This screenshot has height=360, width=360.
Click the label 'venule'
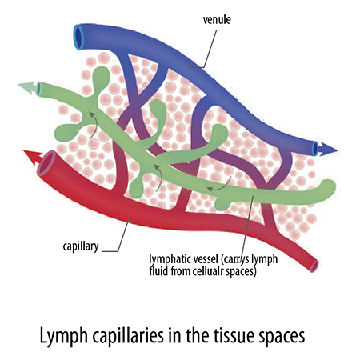(x=217, y=20)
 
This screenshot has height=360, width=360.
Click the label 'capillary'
(x=81, y=246)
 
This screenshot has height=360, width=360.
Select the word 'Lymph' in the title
(x=63, y=336)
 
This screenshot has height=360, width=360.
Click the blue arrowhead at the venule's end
(x=328, y=149)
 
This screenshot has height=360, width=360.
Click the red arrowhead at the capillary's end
(x=33, y=157)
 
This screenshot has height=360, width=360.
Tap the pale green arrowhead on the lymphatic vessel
(x=28, y=87)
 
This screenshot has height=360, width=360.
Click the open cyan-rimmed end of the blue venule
(x=78, y=37)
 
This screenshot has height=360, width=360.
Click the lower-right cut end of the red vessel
(x=314, y=266)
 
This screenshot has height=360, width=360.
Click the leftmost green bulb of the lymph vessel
(x=63, y=133)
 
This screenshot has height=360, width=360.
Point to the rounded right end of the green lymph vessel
(x=328, y=189)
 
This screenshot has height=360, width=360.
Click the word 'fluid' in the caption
(x=158, y=271)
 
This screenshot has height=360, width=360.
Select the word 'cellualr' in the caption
(x=208, y=271)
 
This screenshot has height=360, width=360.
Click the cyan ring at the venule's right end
(x=315, y=149)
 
